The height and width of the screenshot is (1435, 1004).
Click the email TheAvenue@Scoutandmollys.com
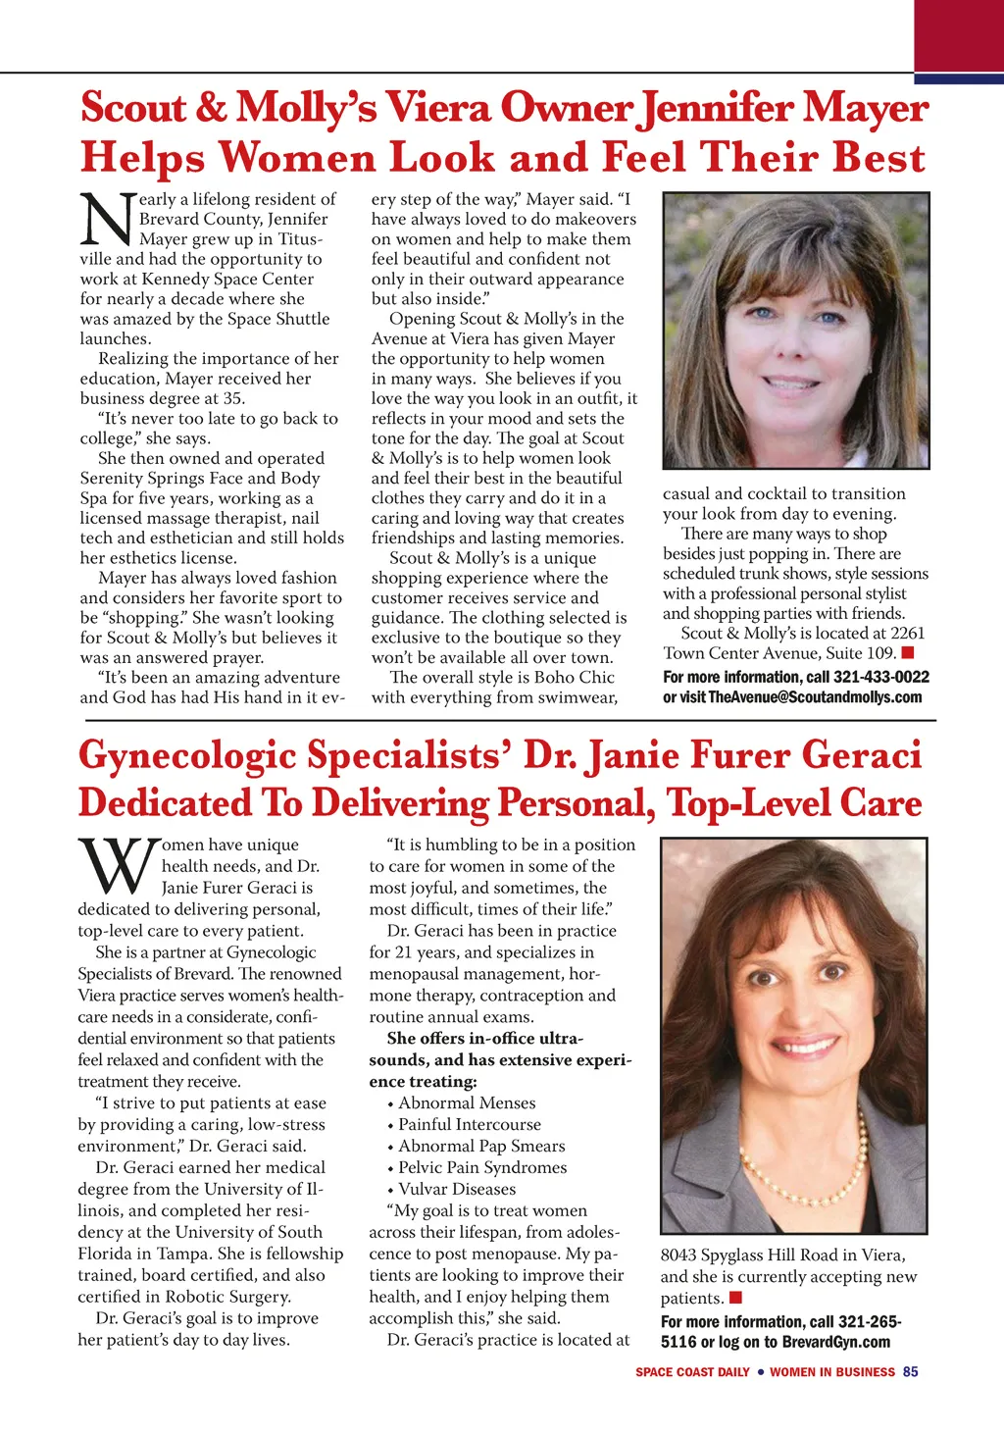pyautogui.click(x=815, y=697)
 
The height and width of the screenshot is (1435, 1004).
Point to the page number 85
pyautogui.click(x=911, y=1372)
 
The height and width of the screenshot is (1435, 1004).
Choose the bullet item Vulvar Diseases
pyautogui.click(x=457, y=1189)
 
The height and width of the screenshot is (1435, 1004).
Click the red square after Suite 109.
pyautogui.click(x=908, y=652)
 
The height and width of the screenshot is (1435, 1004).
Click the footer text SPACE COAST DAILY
pyautogui.click(x=692, y=1372)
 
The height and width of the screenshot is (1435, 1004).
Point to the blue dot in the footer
pyautogui.click(x=760, y=1372)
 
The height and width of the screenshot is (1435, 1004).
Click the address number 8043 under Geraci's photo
pyautogui.click(x=678, y=1256)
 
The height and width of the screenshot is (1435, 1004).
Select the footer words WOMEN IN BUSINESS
pyautogui.click(x=831, y=1372)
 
